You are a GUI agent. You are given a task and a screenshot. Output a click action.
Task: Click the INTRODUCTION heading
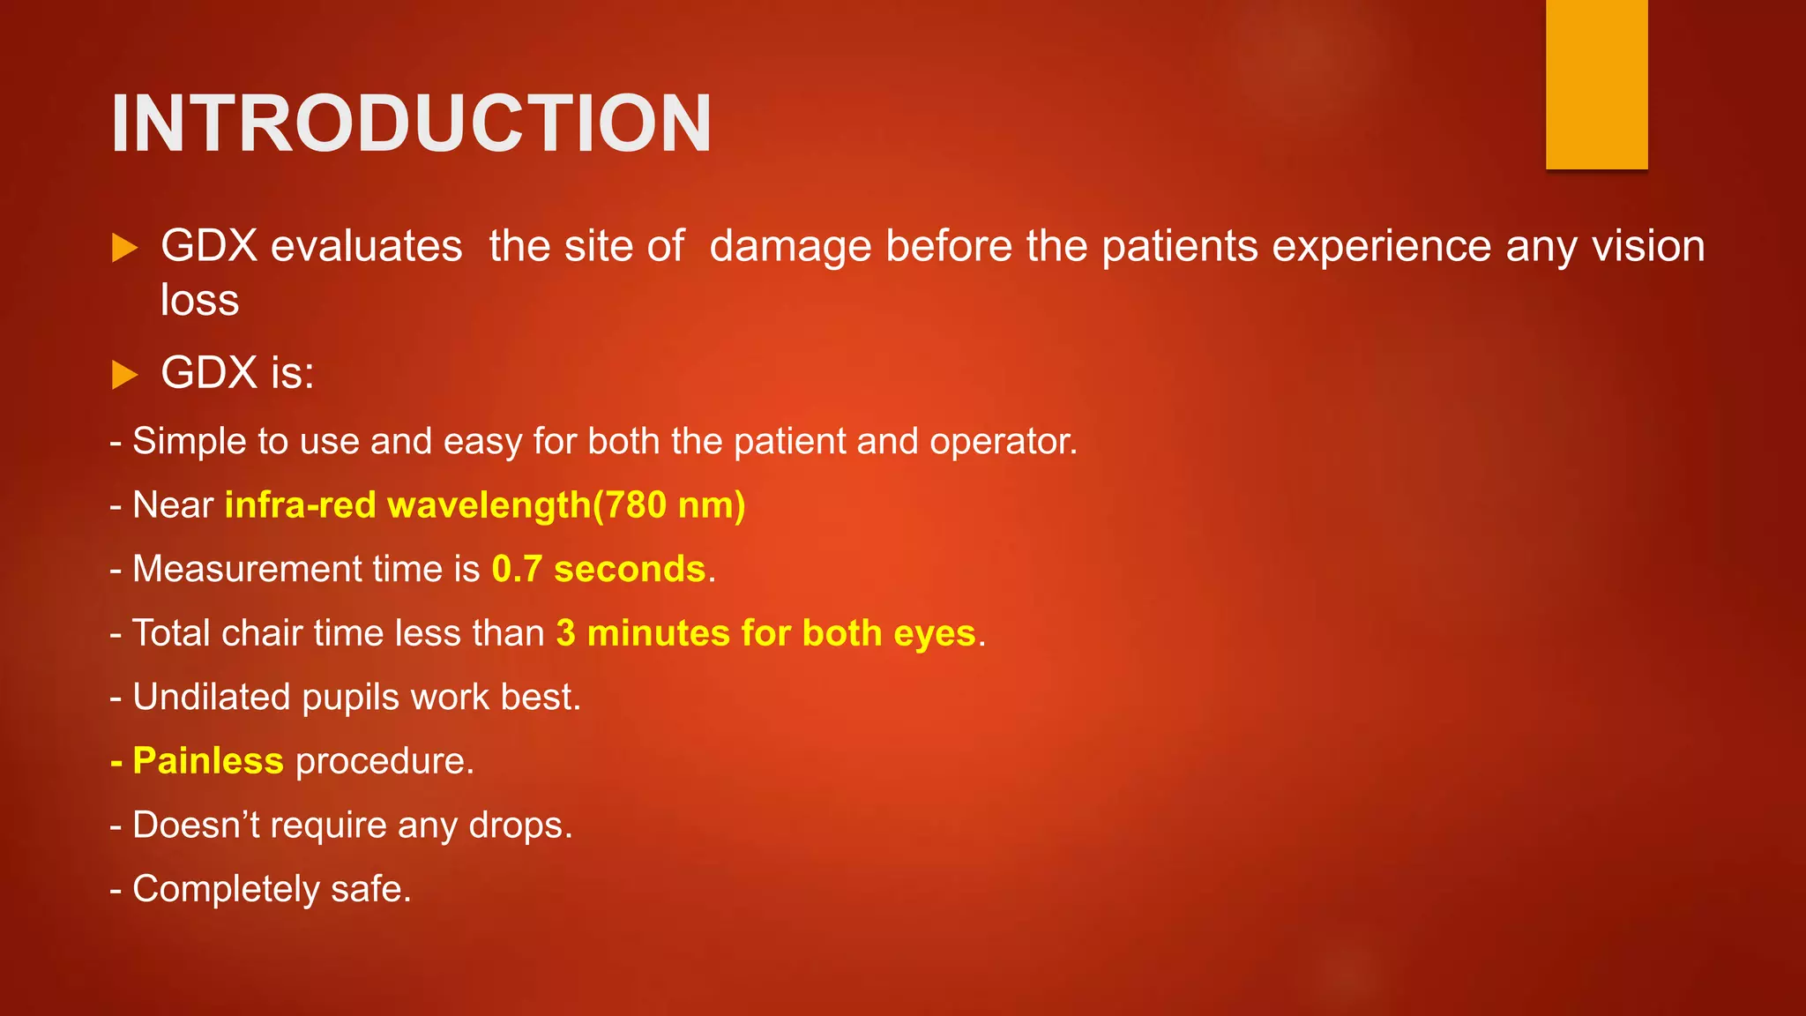pos(411,123)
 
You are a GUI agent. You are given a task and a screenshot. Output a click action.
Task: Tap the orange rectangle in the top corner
pos(1596,84)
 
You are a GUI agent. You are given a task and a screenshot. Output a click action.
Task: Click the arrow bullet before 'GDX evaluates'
pos(125,248)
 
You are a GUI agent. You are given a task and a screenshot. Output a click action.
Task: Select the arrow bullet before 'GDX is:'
pos(125,375)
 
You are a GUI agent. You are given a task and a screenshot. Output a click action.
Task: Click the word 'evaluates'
pos(366,246)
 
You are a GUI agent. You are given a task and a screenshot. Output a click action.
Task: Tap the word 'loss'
pos(200,300)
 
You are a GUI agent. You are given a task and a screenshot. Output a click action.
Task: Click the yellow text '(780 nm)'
pos(669,505)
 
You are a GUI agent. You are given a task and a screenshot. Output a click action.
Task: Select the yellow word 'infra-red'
pos(301,505)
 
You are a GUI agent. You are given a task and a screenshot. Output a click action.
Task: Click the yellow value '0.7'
pos(517,569)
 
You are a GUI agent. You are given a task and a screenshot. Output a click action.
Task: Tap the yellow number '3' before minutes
pos(566,633)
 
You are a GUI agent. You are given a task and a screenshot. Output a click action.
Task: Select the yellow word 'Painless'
pos(208,761)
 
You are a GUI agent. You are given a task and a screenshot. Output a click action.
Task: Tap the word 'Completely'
pos(226,890)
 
